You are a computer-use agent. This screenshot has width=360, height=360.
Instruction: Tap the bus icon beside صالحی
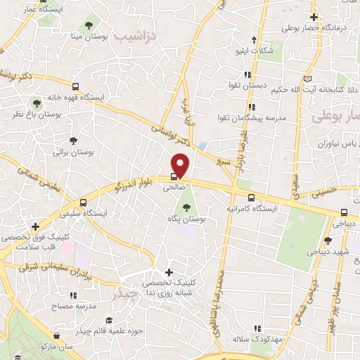tap(174, 177)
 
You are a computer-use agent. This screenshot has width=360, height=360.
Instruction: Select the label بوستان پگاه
tap(187, 220)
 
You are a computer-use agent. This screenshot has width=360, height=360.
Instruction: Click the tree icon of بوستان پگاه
tap(187, 207)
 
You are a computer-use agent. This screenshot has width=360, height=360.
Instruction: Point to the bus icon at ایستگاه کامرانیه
tap(252, 198)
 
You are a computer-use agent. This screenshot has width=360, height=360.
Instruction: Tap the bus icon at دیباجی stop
tap(344, 212)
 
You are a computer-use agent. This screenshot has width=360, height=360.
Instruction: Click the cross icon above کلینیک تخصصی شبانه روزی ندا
tap(168, 272)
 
